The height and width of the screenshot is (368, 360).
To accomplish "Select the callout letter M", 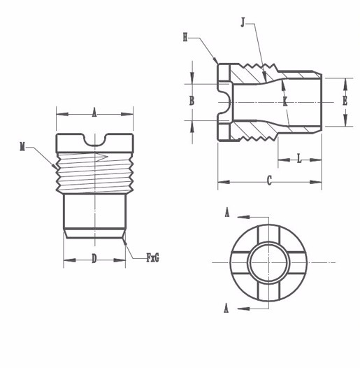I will pos(22,146).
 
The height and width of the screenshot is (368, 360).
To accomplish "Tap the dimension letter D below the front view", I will pos(94,259).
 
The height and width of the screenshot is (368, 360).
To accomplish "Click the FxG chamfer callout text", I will pos(152,258).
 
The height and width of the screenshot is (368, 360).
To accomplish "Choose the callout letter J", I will pos(243,24).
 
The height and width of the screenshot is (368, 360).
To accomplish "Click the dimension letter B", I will pos(191,101).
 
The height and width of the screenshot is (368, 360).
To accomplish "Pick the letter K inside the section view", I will pos(285,102).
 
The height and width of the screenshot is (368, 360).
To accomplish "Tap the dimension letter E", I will pos(345,101).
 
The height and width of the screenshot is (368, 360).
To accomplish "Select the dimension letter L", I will pos(299,159).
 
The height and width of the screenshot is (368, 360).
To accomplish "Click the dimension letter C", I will pos(269,181).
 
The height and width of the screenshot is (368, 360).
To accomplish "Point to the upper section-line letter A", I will pos(226,213).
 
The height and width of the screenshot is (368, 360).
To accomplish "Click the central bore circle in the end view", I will pos(267,261).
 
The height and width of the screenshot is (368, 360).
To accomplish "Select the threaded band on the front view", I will pos(94,172).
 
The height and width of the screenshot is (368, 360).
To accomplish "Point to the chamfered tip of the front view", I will pos(94,234).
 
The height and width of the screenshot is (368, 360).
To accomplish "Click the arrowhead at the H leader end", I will pos(219,62).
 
